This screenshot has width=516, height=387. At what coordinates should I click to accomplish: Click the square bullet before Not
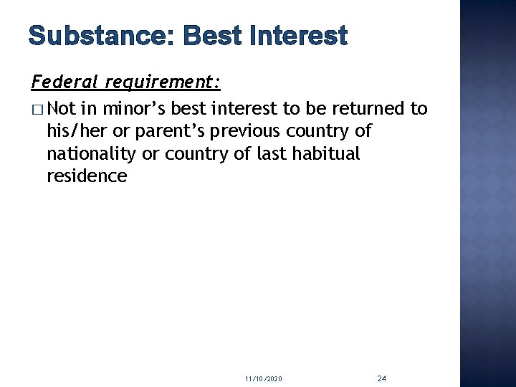click(38, 110)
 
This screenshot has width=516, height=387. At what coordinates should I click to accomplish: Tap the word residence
click(86, 176)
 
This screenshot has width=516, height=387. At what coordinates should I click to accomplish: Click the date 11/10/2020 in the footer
click(262, 378)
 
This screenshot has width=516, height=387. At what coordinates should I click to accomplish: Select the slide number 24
click(381, 377)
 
